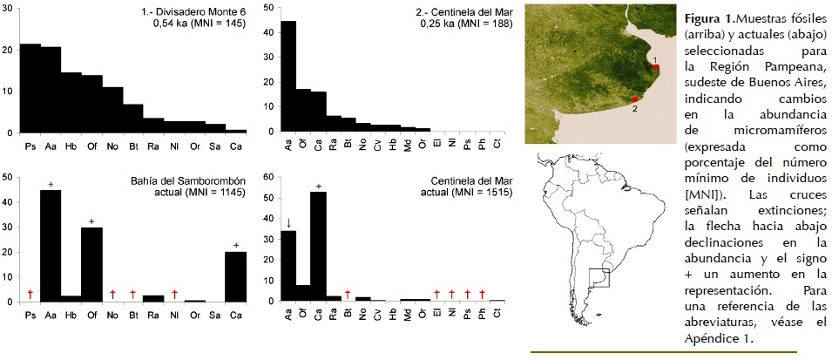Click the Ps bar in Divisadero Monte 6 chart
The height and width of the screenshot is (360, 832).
pyautogui.click(x=30, y=88)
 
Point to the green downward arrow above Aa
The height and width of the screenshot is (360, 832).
pyautogui.click(x=288, y=223)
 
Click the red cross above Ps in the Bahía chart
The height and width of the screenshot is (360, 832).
pyautogui.click(x=30, y=294)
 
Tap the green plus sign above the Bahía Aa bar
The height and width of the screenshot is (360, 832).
pyautogui.click(x=51, y=184)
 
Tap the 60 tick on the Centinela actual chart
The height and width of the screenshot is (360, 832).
pyautogui.click(x=271, y=177)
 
